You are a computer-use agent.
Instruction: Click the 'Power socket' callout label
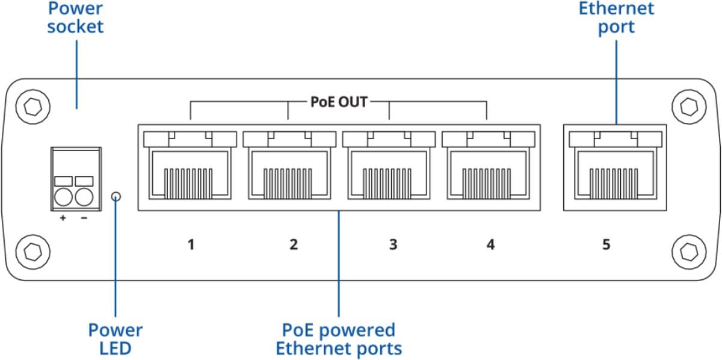pyautogui.click(x=76, y=17)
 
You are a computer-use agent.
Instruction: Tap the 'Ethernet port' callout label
pyautogui.click(x=616, y=17)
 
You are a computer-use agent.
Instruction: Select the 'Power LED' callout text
pyautogui.click(x=116, y=339)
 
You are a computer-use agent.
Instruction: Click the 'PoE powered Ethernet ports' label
pyautogui.click(x=339, y=339)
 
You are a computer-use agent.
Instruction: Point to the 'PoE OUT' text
pyautogui.click(x=339, y=102)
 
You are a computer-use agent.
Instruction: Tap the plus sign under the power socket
pyautogui.click(x=63, y=217)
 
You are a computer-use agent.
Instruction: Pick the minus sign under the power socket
pyautogui.click(x=84, y=217)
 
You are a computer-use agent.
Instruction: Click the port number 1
pyautogui.click(x=191, y=245)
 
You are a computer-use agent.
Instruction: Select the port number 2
pyautogui.click(x=294, y=245)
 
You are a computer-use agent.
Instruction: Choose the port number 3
pyautogui.click(x=393, y=245)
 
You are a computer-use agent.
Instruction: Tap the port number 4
pyautogui.click(x=491, y=245)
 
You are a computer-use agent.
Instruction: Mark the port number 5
pyautogui.click(x=606, y=245)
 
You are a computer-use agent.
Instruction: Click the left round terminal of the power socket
pyautogui.click(x=64, y=197)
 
